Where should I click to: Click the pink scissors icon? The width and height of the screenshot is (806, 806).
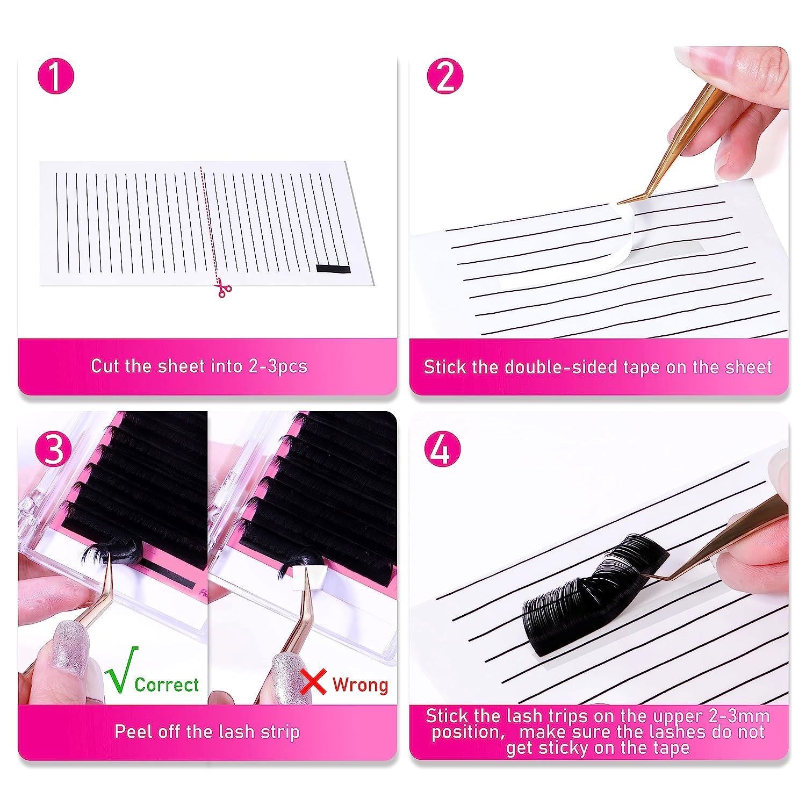[222, 289]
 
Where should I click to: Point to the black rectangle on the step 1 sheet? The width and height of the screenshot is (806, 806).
[332, 269]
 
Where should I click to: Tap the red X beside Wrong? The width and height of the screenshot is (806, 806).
[314, 682]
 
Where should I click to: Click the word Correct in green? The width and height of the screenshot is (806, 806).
[167, 685]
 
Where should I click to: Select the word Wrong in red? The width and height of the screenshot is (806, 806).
[360, 685]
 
